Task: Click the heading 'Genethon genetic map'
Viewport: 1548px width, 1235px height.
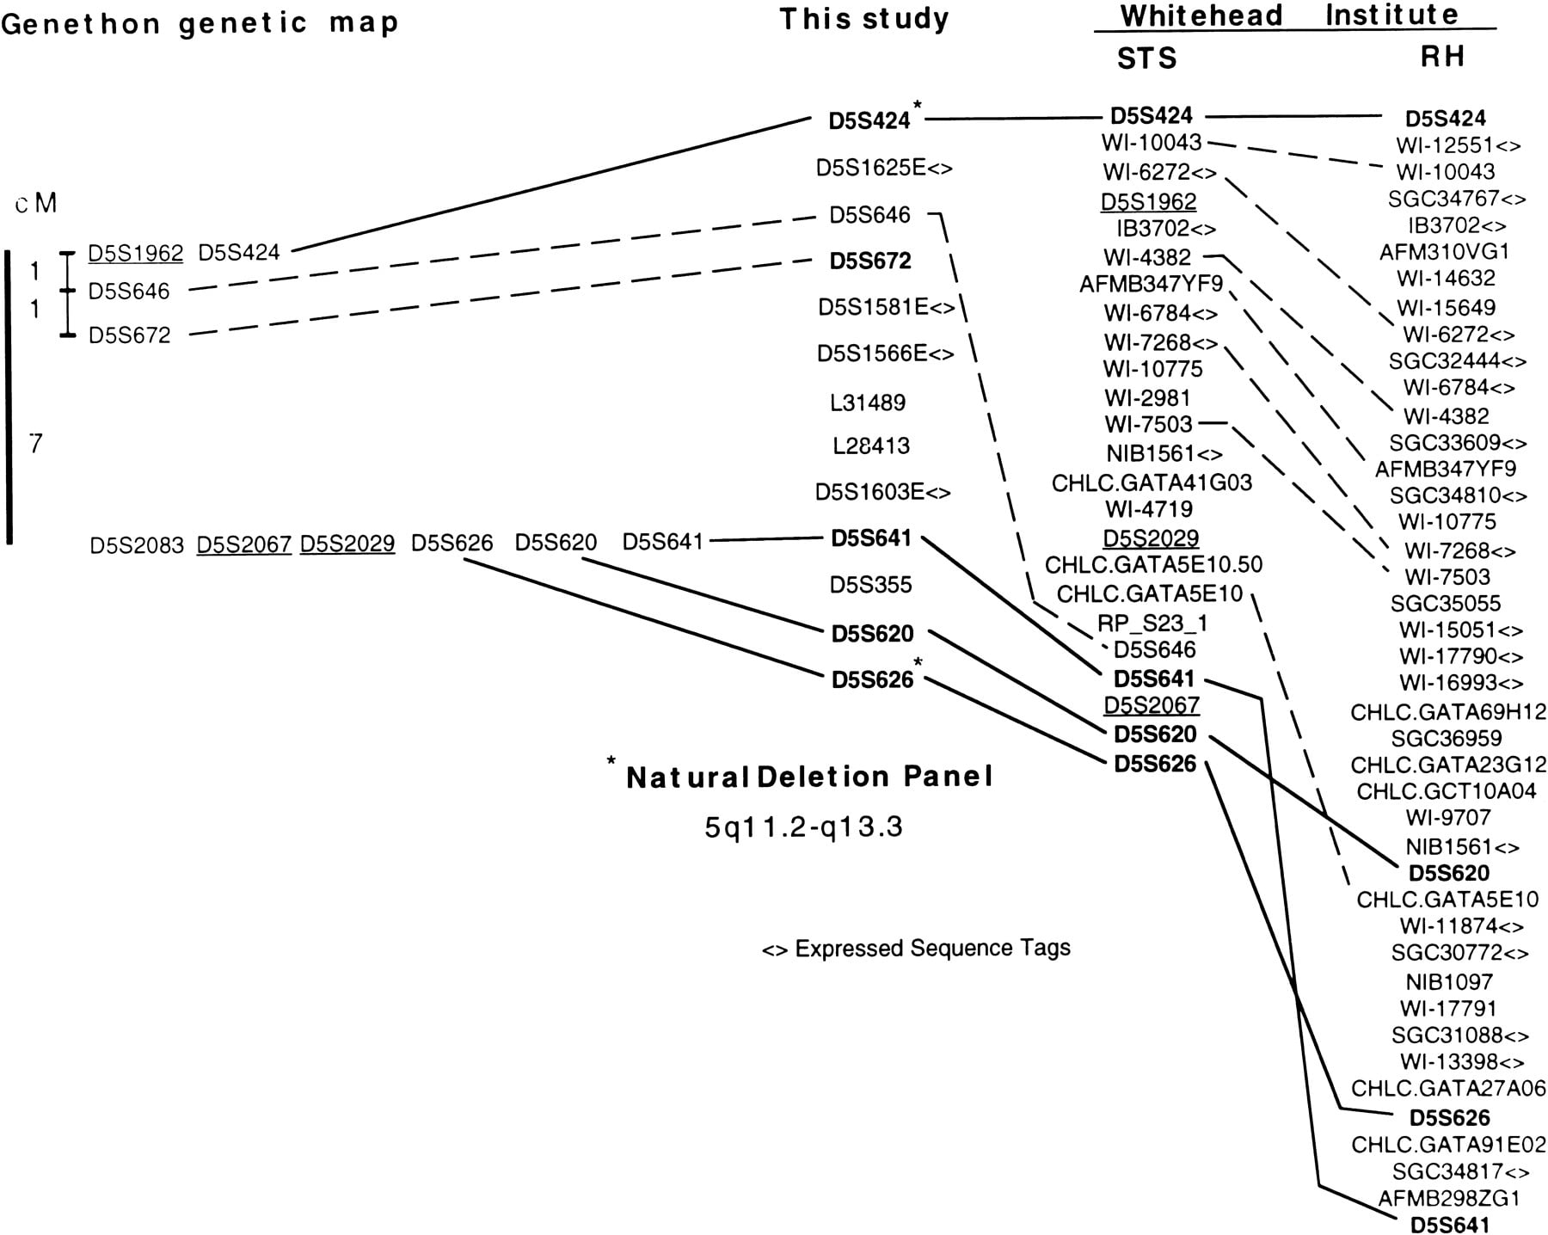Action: (x=200, y=23)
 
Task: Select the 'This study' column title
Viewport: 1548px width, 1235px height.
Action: (x=864, y=19)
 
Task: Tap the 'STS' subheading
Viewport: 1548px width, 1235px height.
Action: (x=1146, y=58)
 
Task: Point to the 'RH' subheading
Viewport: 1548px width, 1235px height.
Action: (x=1442, y=57)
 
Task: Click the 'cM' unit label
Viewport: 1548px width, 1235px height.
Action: (x=36, y=203)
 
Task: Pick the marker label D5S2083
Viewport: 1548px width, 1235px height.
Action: (x=137, y=545)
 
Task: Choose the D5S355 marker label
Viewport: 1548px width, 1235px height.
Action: (x=870, y=586)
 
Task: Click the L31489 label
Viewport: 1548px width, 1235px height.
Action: (x=868, y=402)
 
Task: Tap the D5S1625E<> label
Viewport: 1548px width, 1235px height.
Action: (x=884, y=168)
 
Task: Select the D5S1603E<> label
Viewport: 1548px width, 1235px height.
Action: (x=883, y=493)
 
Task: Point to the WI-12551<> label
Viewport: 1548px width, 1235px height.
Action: (x=1459, y=145)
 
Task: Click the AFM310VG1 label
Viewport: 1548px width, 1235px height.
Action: (x=1445, y=252)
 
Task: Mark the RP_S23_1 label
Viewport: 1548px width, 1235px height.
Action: (x=1152, y=623)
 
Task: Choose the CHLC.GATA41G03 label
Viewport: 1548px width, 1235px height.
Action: (x=1152, y=483)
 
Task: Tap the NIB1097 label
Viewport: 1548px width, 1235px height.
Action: (x=1449, y=982)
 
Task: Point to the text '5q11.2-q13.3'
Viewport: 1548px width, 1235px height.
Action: (x=804, y=827)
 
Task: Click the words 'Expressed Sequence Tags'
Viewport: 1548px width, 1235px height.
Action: (x=933, y=949)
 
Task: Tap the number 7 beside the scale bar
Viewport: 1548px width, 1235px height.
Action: (x=35, y=444)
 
